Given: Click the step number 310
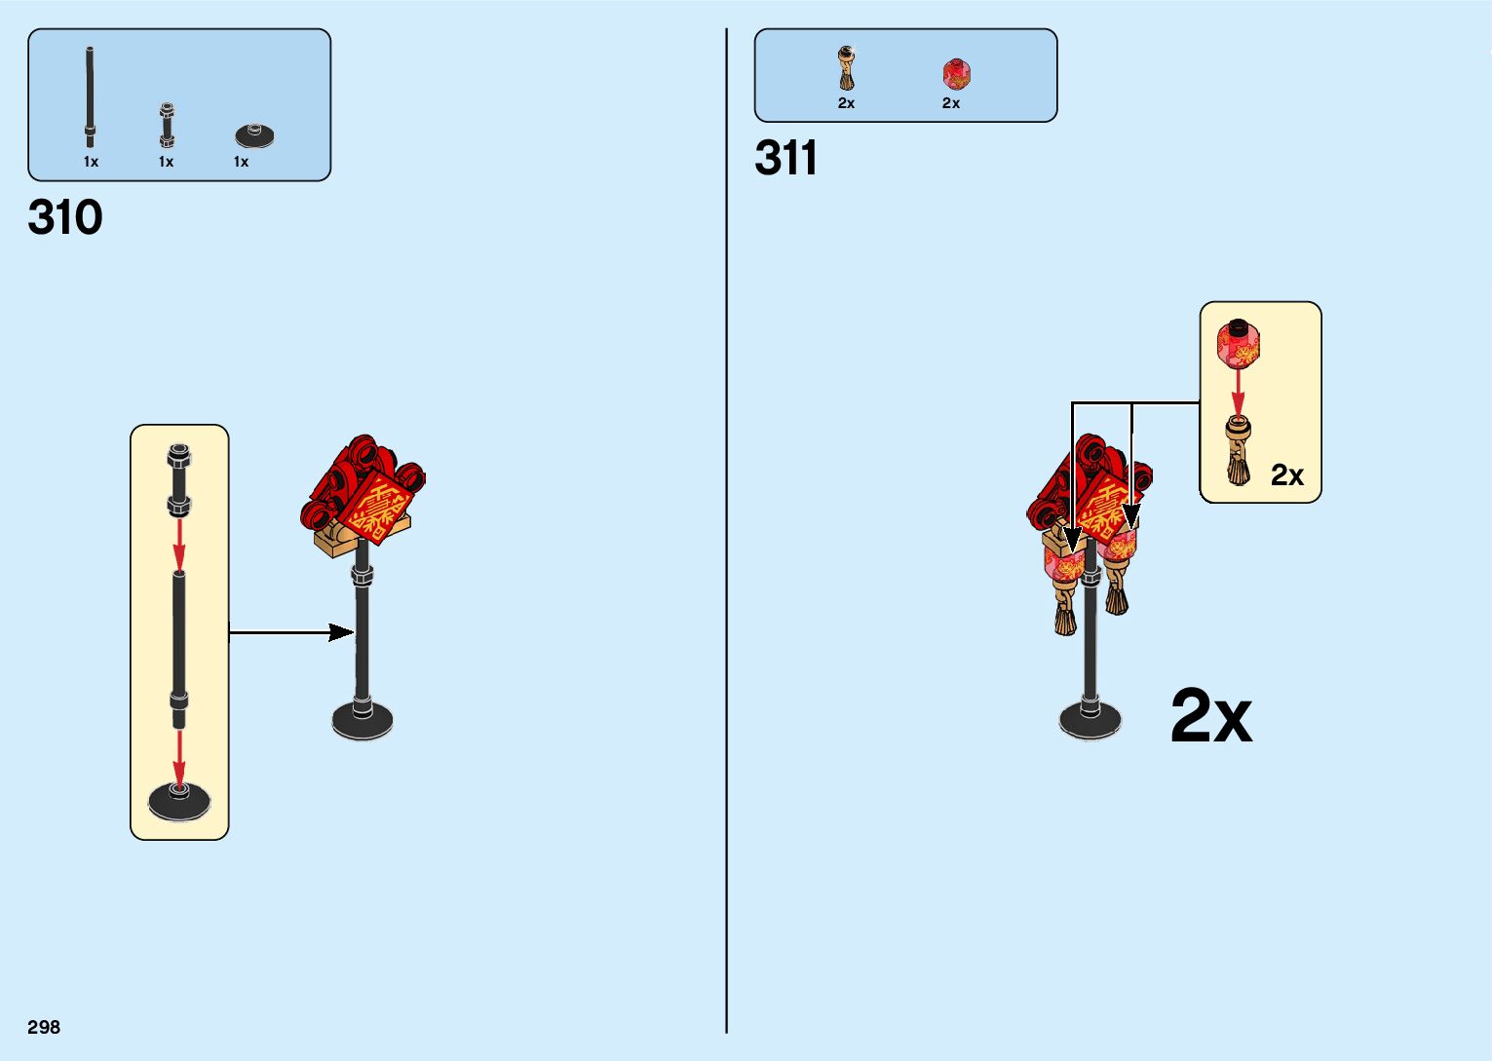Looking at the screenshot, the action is pyautogui.click(x=65, y=217).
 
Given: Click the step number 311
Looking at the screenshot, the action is pyautogui.click(x=785, y=158).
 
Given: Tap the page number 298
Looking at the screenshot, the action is pyautogui.click(x=44, y=1027).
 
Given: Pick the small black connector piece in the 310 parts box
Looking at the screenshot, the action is pyautogui.click(x=167, y=125).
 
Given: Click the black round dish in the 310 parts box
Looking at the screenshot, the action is pyautogui.click(x=254, y=135).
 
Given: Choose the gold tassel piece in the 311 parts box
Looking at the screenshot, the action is pyautogui.click(x=846, y=68).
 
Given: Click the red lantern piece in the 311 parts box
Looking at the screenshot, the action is pyautogui.click(x=956, y=74).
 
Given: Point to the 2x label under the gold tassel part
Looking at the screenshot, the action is pyautogui.click(x=846, y=103).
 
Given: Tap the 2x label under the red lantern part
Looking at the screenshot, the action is pyautogui.click(x=951, y=103).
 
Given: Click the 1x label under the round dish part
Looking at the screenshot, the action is pyautogui.click(x=241, y=162).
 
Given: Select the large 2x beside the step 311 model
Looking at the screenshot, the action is pyautogui.click(x=1210, y=717).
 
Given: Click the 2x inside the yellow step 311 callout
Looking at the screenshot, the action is pyautogui.click(x=1286, y=475).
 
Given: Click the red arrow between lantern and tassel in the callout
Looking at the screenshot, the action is pyautogui.click(x=1238, y=391).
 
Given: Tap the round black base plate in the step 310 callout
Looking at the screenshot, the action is pyautogui.click(x=179, y=801).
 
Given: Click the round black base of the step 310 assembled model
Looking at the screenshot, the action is pyautogui.click(x=363, y=720).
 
